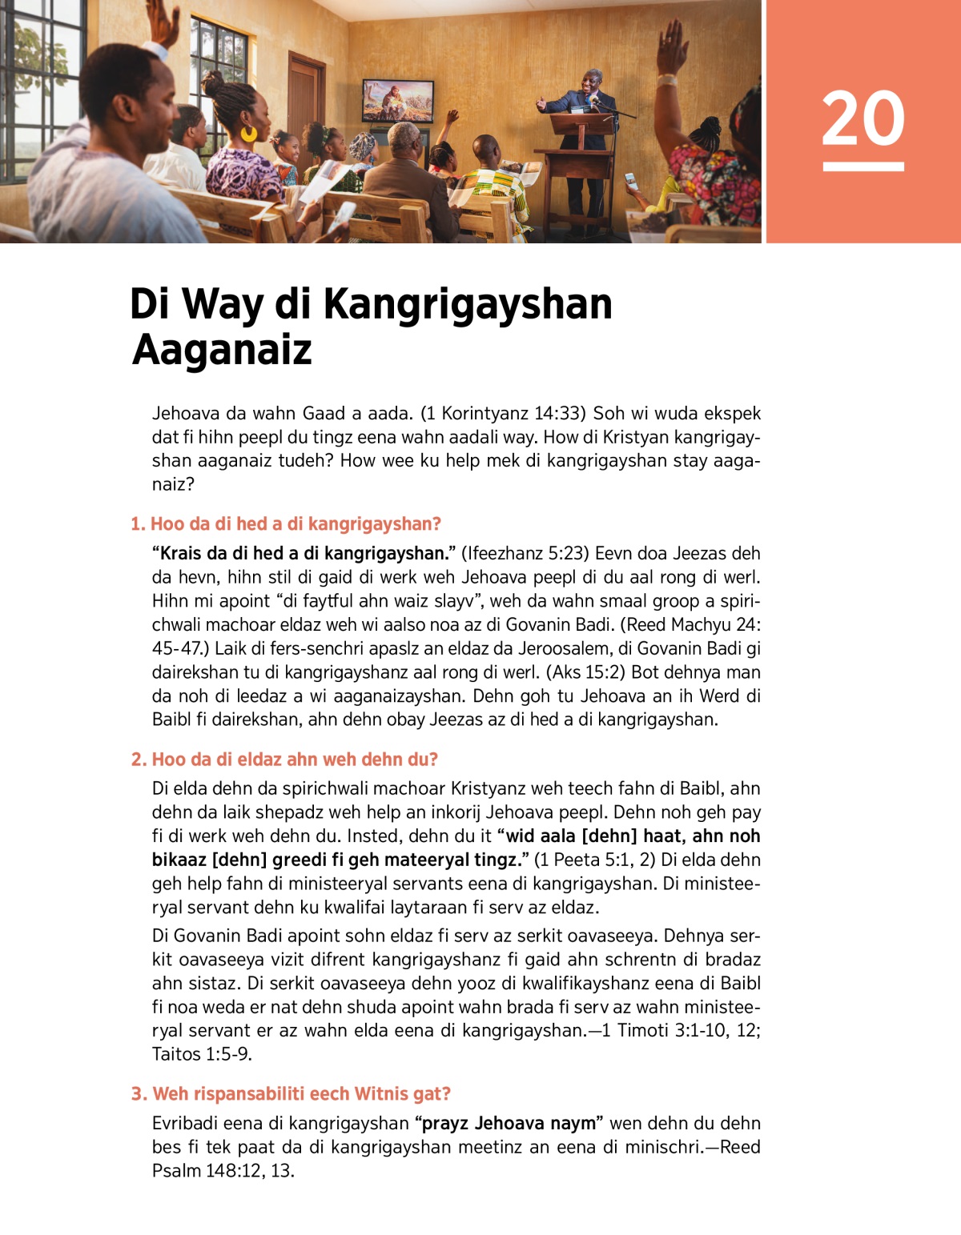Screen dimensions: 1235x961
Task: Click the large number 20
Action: tap(862, 118)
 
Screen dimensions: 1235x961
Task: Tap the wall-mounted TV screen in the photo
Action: tap(398, 100)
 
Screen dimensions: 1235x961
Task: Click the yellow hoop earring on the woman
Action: tap(248, 133)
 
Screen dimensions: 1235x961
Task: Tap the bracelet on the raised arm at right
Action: tap(666, 79)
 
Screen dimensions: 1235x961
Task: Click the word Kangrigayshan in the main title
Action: tap(468, 304)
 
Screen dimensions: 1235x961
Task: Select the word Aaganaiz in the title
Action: tap(222, 350)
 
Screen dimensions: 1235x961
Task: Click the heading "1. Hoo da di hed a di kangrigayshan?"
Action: tap(286, 524)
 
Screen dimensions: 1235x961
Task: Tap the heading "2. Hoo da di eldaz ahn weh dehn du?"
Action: tap(284, 760)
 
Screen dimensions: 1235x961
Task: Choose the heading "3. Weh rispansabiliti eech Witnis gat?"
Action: tap(291, 1094)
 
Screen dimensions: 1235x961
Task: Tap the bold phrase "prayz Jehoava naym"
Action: tap(509, 1124)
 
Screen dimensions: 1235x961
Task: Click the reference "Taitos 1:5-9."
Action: tap(202, 1054)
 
